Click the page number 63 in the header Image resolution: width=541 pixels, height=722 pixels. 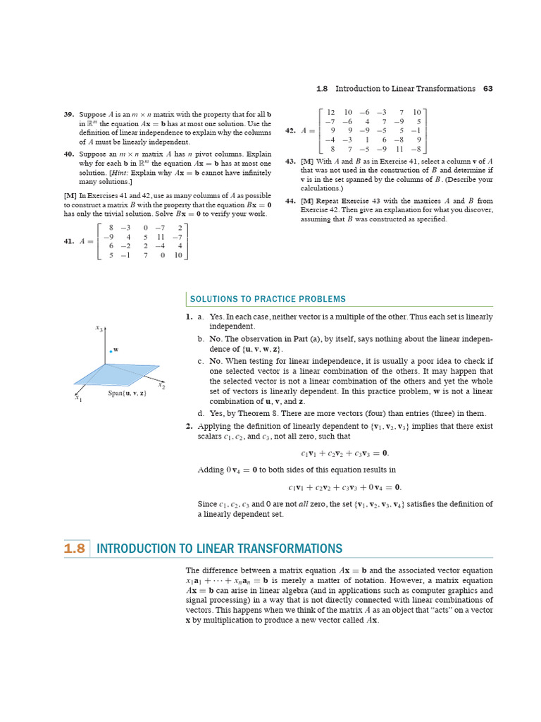[x=488, y=89]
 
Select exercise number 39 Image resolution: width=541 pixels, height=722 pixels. [x=68, y=114]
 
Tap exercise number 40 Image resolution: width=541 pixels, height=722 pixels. [x=68, y=154]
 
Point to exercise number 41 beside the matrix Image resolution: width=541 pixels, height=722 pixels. [x=68, y=241]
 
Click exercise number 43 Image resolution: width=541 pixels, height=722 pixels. [x=290, y=161]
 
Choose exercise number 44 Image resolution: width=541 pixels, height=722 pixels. [x=290, y=201]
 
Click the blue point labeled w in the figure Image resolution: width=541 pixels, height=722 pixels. [x=110, y=350]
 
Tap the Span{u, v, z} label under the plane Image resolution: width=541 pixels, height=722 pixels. [x=127, y=393]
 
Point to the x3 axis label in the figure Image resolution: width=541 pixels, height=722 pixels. [x=99, y=329]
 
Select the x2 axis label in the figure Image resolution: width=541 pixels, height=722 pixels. [x=161, y=386]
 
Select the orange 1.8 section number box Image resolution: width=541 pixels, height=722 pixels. [x=75, y=549]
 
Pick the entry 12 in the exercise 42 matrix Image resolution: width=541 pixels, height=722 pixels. [x=330, y=112]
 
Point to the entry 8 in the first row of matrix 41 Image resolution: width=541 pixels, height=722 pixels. [x=110, y=228]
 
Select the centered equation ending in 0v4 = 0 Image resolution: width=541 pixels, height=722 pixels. [x=344, y=487]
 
